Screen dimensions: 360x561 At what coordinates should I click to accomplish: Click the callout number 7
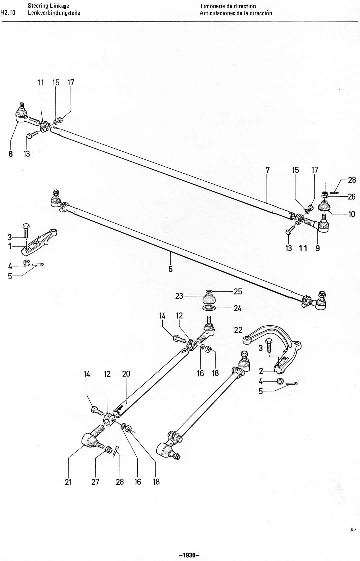click(x=268, y=170)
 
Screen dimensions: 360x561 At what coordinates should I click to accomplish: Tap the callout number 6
click(x=170, y=269)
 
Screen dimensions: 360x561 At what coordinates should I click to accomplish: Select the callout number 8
click(x=11, y=154)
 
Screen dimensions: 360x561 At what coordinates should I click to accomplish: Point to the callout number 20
click(x=126, y=374)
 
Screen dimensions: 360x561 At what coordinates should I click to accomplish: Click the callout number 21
click(x=68, y=482)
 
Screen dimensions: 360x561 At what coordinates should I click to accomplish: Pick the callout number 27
click(x=95, y=482)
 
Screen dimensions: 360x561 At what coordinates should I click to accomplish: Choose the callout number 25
click(x=238, y=291)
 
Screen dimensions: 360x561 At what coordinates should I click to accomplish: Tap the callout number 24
click(x=237, y=308)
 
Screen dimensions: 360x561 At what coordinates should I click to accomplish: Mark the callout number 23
click(x=179, y=296)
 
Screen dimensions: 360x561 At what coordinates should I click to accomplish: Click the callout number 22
click(x=238, y=330)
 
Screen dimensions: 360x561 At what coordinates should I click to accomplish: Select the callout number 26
click(x=352, y=197)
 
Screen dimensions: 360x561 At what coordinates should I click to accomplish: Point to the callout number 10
click(x=352, y=214)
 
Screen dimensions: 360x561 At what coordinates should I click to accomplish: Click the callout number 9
click(x=318, y=248)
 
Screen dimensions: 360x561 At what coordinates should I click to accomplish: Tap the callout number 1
click(x=10, y=247)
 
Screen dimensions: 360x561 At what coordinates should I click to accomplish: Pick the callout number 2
click(x=261, y=371)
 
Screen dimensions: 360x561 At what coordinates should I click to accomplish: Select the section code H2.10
click(x=8, y=13)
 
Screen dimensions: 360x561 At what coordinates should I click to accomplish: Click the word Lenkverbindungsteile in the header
click(x=54, y=13)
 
